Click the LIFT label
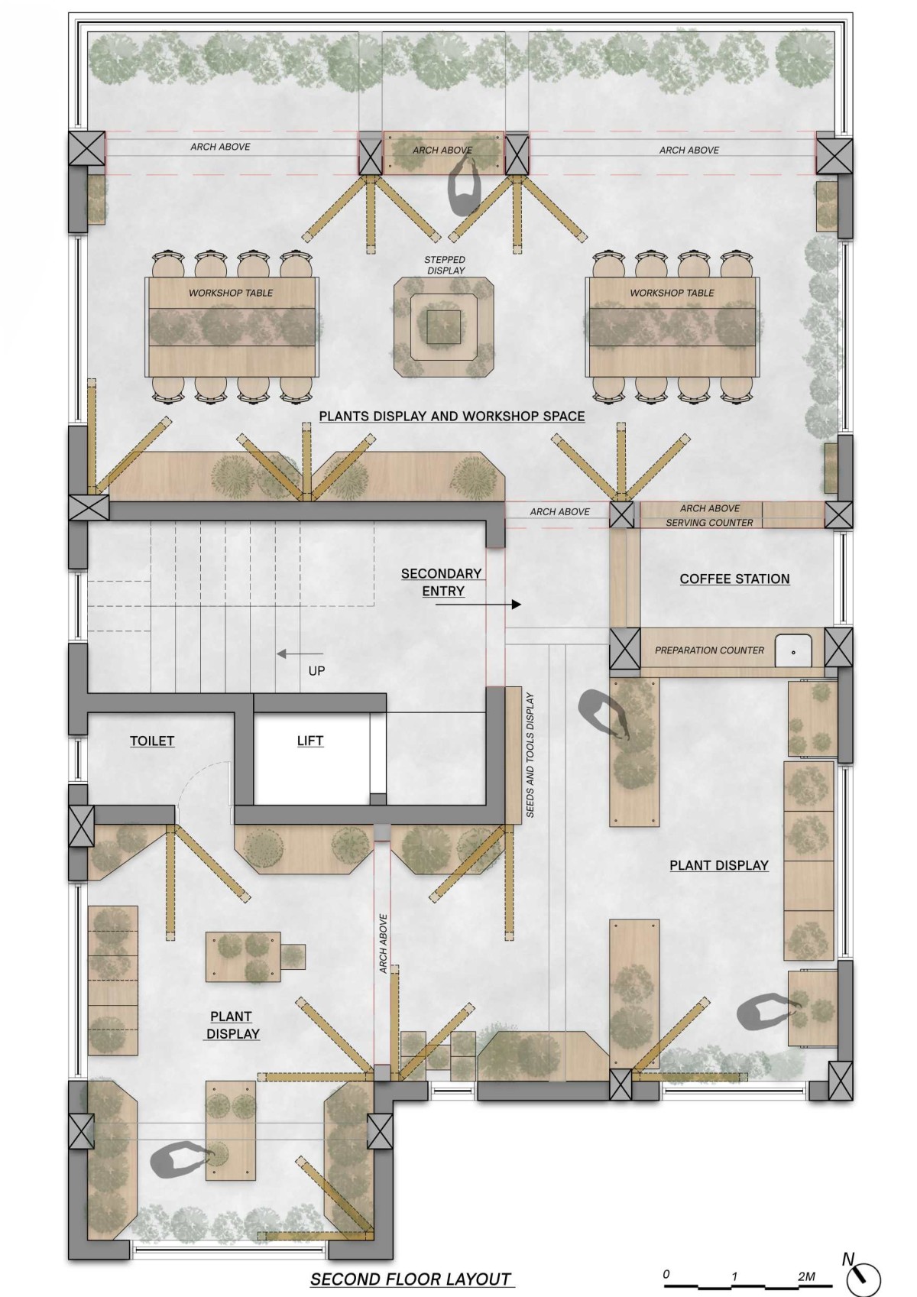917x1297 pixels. pyautogui.click(x=309, y=741)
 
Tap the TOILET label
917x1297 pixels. pyautogui.click(x=151, y=741)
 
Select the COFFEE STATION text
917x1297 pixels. pyautogui.click(x=734, y=579)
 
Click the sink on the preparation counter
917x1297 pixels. pyautogui.click(x=793, y=651)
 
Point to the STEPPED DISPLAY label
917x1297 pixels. pyautogui.click(x=446, y=265)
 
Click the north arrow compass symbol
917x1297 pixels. pyautogui.click(x=864, y=1277)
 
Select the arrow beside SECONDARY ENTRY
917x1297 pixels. pyautogui.click(x=478, y=605)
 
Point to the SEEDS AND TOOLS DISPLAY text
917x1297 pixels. pyautogui.click(x=530, y=755)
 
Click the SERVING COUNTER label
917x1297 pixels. pyautogui.click(x=709, y=522)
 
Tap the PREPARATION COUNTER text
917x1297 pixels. pyautogui.click(x=709, y=650)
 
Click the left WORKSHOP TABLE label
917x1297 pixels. pyautogui.click(x=231, y=293)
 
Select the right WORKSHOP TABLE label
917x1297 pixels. pyautogui.click(x=672, y=293)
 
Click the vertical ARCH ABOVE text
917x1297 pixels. pyautogui.click(x=383, y=943)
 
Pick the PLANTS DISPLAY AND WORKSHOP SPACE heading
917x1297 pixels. pyautogui.click(x=452, y=416)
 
